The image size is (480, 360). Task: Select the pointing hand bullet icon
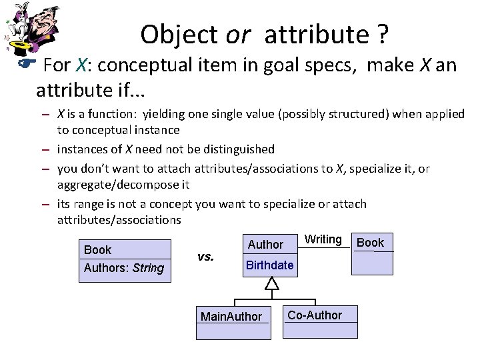coord(20,65)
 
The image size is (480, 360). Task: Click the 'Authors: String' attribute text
coord(123,268)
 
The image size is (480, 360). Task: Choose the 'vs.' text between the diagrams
coord(205,256)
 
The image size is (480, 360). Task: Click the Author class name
coord(265,245)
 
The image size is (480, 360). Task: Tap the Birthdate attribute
coord(269,265)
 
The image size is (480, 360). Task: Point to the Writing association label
coord(323,240)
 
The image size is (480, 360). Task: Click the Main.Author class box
coord(231,316)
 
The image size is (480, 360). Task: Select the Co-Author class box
coord(315,315)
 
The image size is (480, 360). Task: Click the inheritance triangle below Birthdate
coord(270,285)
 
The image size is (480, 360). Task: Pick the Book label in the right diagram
coord(371,243)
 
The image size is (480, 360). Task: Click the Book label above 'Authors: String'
coord(98,250)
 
